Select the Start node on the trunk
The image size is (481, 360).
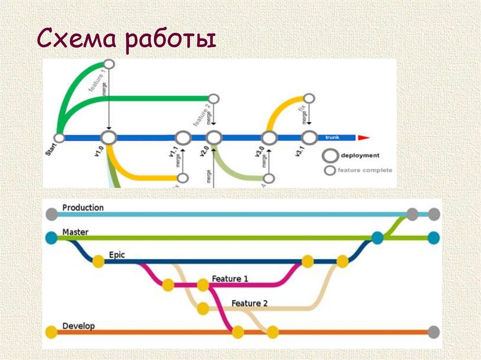pos(60,138)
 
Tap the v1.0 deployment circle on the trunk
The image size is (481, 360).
pos(109,138)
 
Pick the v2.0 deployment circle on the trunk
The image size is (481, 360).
pos(214,138)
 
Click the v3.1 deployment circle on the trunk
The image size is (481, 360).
pos(309,138)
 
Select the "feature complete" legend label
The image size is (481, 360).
pos(365,170)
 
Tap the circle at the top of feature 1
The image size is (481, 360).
pos(109,63)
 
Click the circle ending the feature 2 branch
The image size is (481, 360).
pos(214,99)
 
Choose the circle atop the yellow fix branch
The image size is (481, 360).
pos(309,98)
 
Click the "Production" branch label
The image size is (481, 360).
pos(83,207)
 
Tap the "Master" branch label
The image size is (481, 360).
pos(75,232)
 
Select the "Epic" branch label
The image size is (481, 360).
pos(116,255)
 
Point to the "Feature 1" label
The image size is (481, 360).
pos(230,279)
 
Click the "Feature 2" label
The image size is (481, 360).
pos(249,304)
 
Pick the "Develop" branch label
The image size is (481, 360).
pos(78,326)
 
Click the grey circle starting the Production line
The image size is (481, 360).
pos(51,214)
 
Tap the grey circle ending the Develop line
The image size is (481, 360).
pos(434,332)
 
